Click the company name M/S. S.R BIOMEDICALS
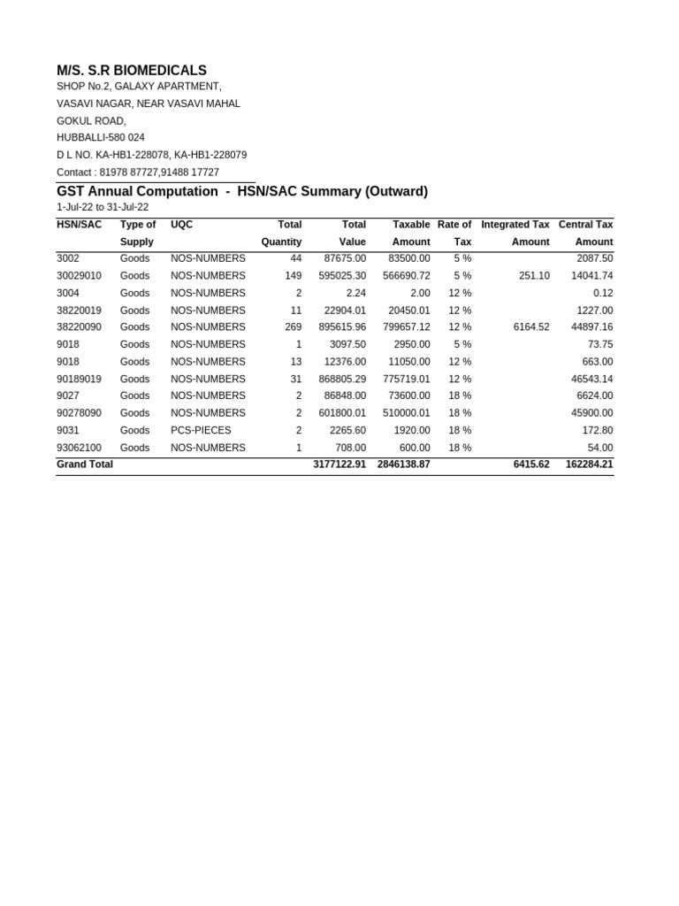(132, 70)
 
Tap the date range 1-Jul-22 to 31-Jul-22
(103, 207)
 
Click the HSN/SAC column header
(79, 225)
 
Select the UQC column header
(181, 225)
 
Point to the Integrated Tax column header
(515, 225)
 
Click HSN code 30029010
(79, 276)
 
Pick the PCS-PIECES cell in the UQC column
(201, 430)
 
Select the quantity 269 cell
(289, 327)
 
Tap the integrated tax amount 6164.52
(530, 327)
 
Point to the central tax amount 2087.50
(594, 258)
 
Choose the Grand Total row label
(85, 465)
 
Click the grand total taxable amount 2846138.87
(403, 465)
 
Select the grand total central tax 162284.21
(589, 465)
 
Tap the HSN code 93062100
(79, 448)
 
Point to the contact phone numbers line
(138, 173)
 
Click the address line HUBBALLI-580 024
(101, 138)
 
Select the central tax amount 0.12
(603, 293)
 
